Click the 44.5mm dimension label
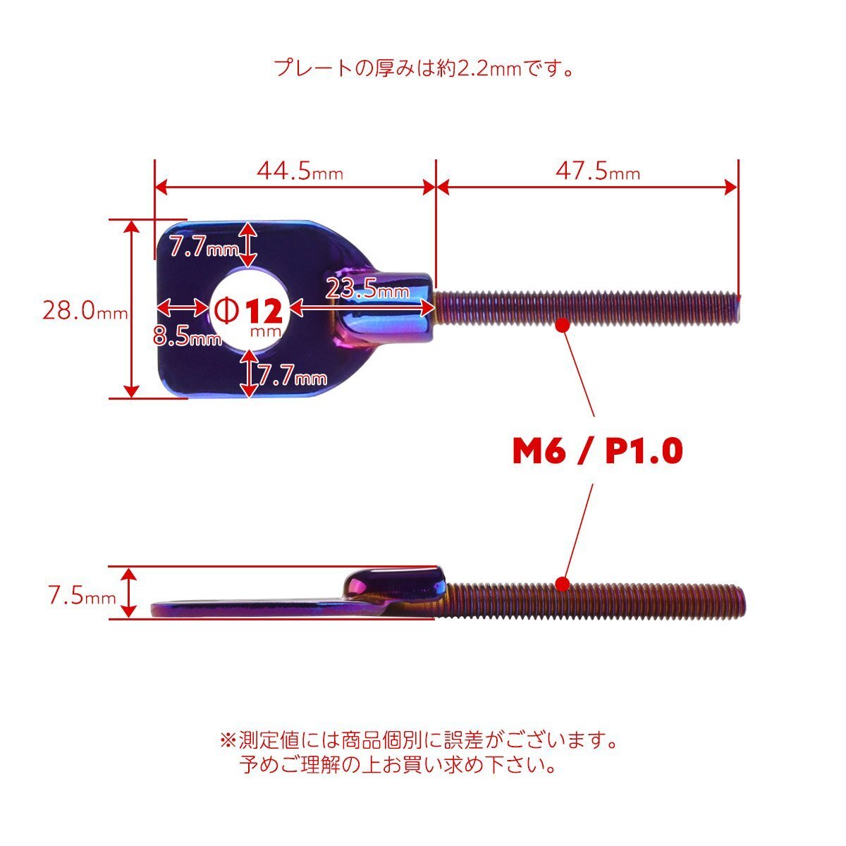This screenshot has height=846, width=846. (300, 171)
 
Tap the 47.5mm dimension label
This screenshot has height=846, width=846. (598, 171)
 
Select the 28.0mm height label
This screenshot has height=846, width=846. (85, 311)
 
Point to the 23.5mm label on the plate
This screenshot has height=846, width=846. (368, 289)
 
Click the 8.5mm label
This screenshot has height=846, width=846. (188, 337)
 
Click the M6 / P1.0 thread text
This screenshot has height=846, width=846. (598, 451)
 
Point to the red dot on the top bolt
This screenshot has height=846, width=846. (563, 325)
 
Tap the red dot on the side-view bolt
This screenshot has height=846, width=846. (563, 584)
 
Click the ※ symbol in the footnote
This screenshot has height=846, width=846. (228, 740)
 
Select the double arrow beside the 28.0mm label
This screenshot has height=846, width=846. (132, 309)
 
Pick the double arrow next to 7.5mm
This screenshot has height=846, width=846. (128, 592)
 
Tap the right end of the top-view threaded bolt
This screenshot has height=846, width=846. (739, 308)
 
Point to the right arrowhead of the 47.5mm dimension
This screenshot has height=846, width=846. (731, 188)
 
